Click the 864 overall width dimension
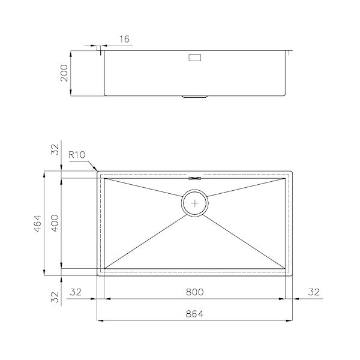[194, 314]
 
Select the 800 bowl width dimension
[194, 292]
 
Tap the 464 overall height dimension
[38, 223]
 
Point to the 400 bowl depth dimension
[55, 223]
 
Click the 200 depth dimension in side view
[64, 73]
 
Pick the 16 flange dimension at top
[124, 39]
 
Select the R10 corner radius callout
[77, 155]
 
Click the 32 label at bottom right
[314, 292]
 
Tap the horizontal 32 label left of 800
[76, 292]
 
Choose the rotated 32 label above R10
[55, 149]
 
